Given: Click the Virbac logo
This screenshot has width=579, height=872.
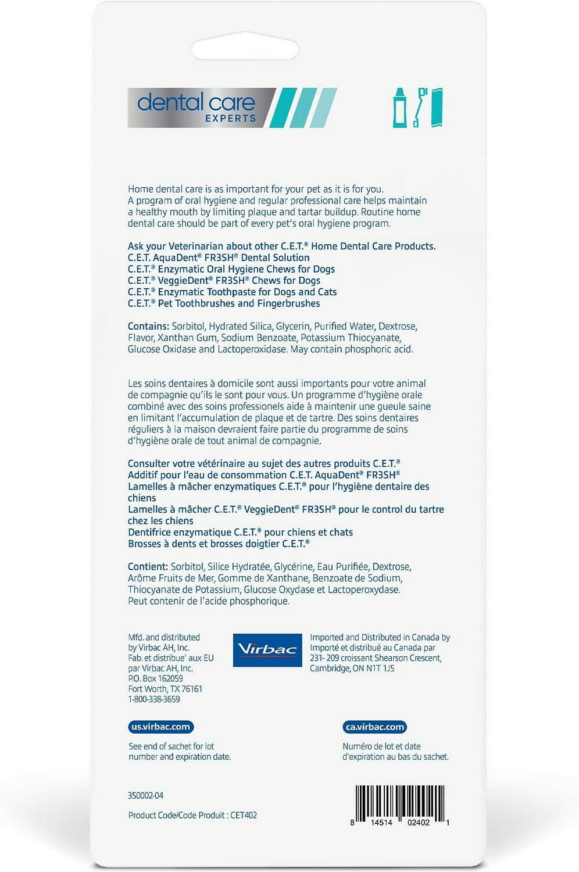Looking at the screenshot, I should point(267,650).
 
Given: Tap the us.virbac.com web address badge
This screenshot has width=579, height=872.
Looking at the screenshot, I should point(160,727).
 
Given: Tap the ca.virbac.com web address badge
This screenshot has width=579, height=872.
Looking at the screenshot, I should point(374,727).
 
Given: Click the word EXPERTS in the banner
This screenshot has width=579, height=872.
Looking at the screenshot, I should point(230,118).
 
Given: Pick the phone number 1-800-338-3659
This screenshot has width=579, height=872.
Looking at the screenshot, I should point(154,699).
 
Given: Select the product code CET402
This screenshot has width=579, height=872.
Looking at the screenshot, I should point(244,815).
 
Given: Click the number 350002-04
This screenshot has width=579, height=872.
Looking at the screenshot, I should point(145,795).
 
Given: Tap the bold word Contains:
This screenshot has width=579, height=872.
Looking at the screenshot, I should point(148,326).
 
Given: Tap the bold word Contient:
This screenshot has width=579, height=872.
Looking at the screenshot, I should point(148,566).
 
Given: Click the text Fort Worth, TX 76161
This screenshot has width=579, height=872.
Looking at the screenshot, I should point(165,689).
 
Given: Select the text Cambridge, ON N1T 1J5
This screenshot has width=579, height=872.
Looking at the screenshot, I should point(352,669).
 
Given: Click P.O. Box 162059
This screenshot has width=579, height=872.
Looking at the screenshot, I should point(155,678).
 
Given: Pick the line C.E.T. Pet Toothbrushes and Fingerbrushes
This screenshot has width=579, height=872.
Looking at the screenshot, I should point(224,303).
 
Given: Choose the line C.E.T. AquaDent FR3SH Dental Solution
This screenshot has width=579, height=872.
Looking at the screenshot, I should point(219,258).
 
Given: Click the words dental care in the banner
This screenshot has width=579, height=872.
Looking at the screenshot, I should point(196,102).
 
